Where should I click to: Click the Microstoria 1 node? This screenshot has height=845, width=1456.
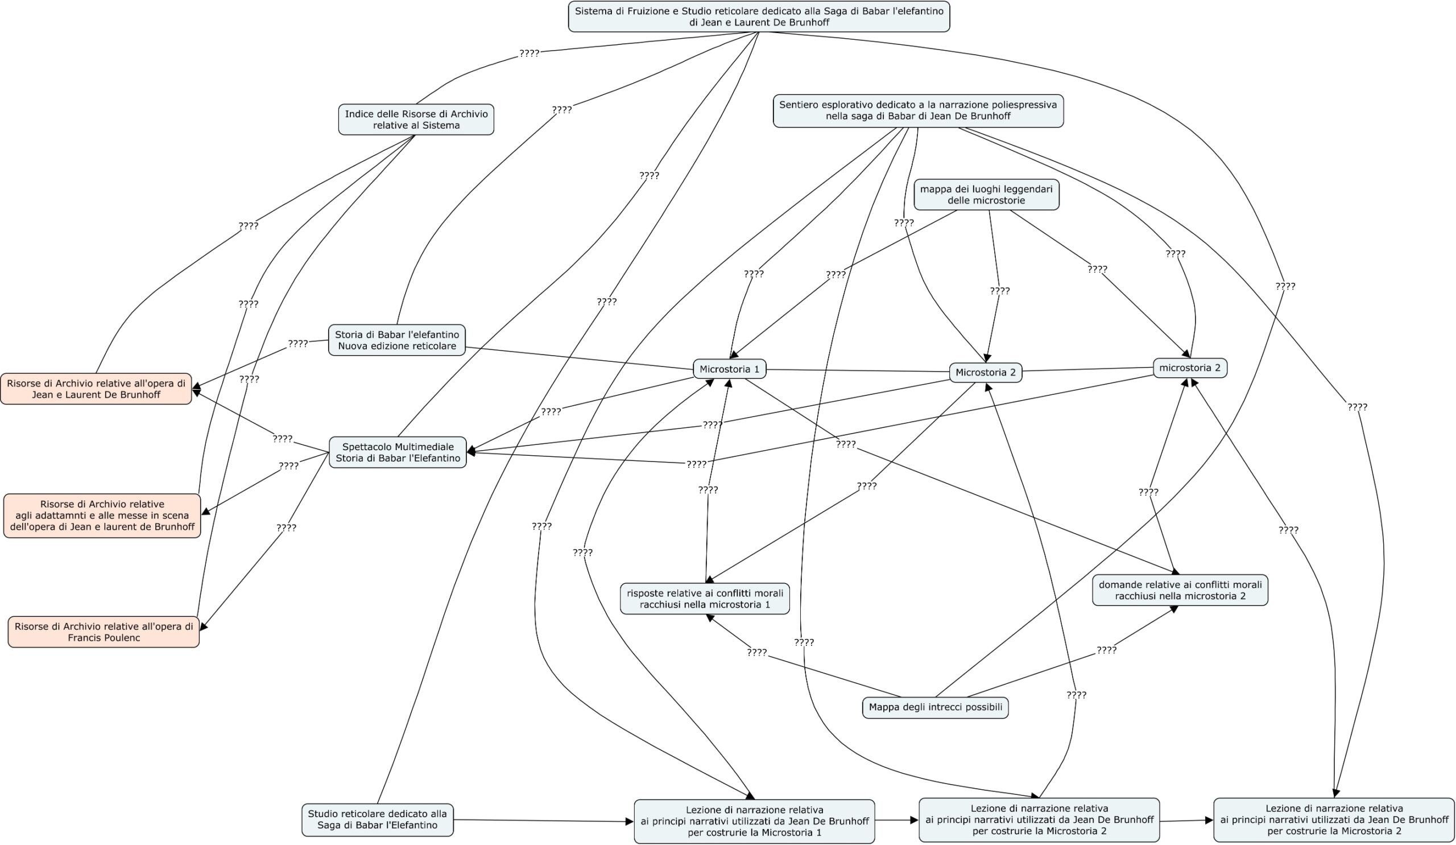coord(729,369)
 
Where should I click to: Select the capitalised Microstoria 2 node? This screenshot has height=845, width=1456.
coord(985,373)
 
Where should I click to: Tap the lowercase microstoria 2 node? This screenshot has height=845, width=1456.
coord(1190,368)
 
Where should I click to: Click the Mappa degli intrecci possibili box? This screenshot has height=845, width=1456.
coord(935,707)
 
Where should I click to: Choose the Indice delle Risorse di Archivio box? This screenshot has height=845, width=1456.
coord(416,119)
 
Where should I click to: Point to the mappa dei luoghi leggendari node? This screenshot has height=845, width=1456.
coord(986,195)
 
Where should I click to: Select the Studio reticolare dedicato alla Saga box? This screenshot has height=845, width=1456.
coord(377,819)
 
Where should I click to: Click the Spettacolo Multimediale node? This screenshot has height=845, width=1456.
coord(398,452)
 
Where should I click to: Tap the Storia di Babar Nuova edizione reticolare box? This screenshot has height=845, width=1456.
coord(397,340)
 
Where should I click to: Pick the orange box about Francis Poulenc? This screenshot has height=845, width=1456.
coord(104,632)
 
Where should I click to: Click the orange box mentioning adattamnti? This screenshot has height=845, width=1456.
coord(102,516)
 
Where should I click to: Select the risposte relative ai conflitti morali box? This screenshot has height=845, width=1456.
coord(705,599)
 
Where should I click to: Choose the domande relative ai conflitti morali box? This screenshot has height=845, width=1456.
coord(1180,590)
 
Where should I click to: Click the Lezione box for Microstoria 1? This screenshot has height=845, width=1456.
coord(754,821)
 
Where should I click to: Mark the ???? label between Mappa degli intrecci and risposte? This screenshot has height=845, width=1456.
coord(757,653)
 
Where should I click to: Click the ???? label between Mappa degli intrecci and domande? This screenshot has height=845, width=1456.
coord(1106,650)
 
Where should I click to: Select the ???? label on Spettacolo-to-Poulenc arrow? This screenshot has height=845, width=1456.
coord(286,527)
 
